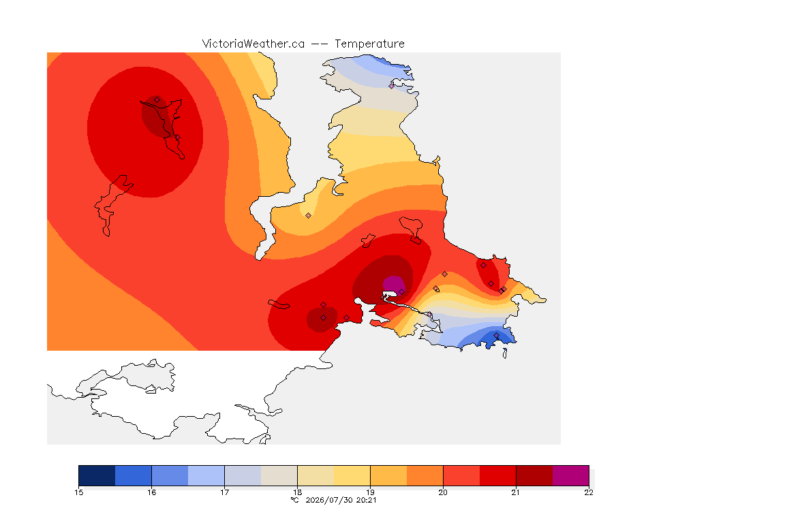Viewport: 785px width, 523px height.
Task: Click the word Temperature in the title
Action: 369,44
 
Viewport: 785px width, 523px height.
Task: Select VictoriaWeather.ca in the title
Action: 253,44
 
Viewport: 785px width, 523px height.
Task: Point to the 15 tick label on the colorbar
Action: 78,492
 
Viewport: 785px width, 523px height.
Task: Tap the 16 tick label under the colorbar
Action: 152,492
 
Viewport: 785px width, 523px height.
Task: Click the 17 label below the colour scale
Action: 224,492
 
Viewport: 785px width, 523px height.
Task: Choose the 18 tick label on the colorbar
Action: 297,492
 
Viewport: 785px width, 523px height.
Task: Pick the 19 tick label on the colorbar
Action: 370,492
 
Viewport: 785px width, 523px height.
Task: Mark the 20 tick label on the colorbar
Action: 443,492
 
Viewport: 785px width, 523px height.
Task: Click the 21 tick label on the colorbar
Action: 516,492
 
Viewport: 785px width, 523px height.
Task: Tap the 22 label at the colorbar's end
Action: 589,492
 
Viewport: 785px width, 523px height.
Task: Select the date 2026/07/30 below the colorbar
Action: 329,500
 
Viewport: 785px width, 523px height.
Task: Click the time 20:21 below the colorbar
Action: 366,500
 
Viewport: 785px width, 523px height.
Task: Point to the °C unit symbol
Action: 295,500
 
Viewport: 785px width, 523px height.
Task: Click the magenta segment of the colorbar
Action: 571,475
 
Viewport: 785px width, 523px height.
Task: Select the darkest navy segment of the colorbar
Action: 97,475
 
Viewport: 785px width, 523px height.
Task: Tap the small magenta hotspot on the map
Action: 393,285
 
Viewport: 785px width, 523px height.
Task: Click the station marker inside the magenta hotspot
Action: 401,291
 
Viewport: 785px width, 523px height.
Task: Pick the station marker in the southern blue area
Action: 496,335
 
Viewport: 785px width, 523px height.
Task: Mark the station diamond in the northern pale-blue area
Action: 392,86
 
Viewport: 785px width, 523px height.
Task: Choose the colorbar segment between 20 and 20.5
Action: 461,475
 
